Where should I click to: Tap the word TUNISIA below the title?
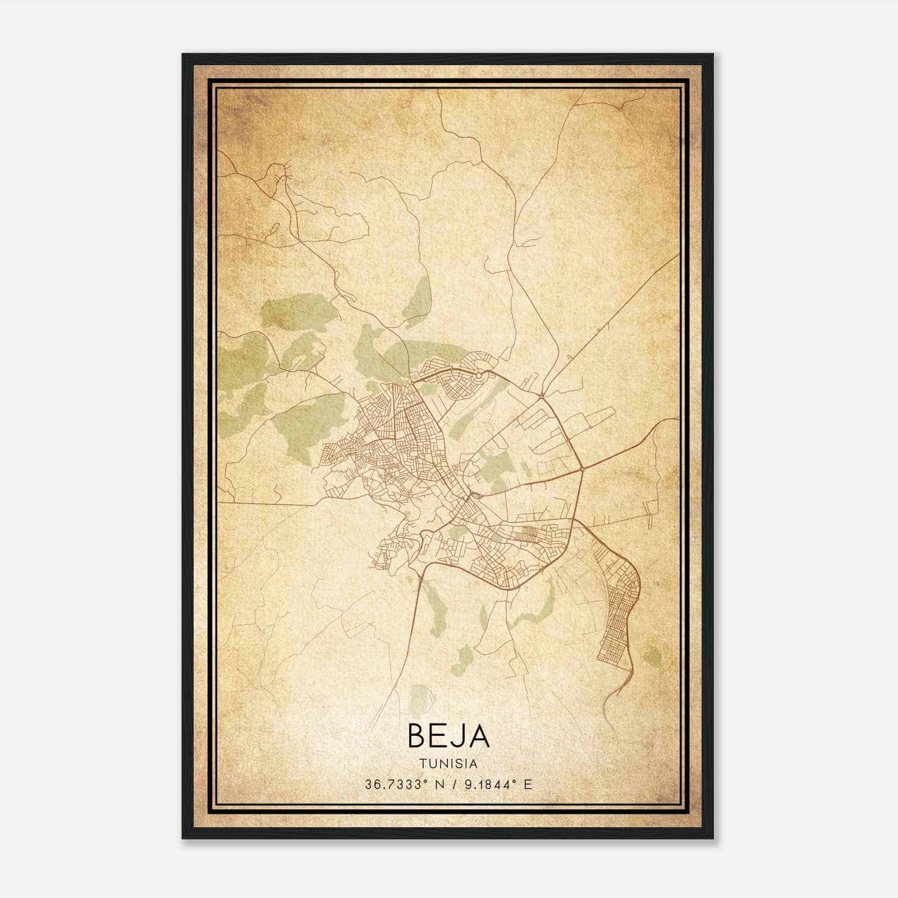pyautogui.click(x=448, y=764)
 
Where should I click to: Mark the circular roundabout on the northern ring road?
pyautogui.click(x=479, y=373)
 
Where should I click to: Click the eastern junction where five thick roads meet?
pyautogui.click(x=583, y=467)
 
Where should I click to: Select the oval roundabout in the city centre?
pyautogui.click(x=475, y=496)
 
